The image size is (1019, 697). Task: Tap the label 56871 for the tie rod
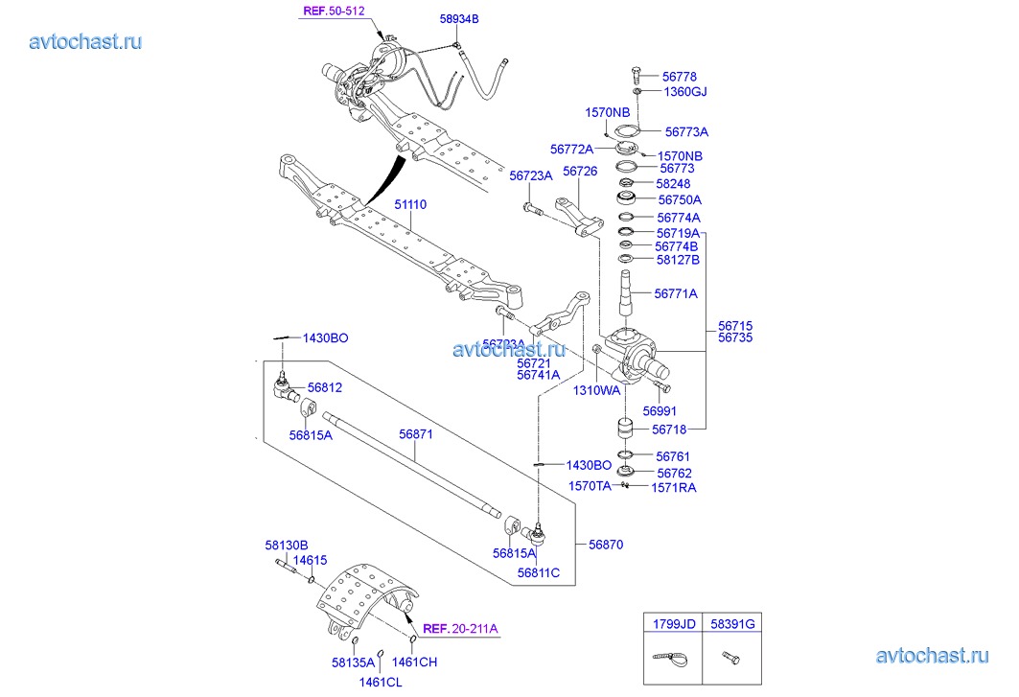(416, 434)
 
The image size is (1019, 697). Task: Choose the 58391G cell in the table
(732, 623)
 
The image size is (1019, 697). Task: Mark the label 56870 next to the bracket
(606, 544)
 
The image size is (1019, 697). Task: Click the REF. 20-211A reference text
(460, 629)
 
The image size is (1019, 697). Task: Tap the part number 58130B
(287, 546)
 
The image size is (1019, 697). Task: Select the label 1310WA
(597, 390)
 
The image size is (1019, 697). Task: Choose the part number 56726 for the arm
(580, 172)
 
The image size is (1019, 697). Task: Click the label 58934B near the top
(459, 19)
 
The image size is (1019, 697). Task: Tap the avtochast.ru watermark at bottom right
(932, 656)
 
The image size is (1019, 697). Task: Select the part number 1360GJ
(685, 92)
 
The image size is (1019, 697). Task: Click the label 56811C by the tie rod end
(539, 572)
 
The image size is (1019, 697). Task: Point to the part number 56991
(660, 409)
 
